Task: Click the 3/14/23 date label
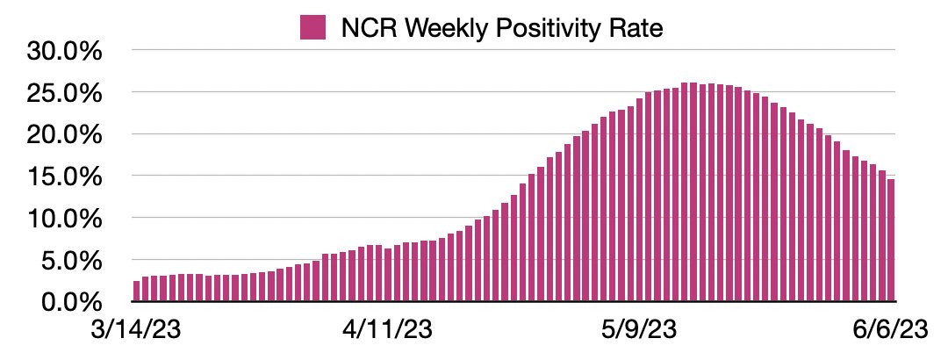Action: (136, 332)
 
